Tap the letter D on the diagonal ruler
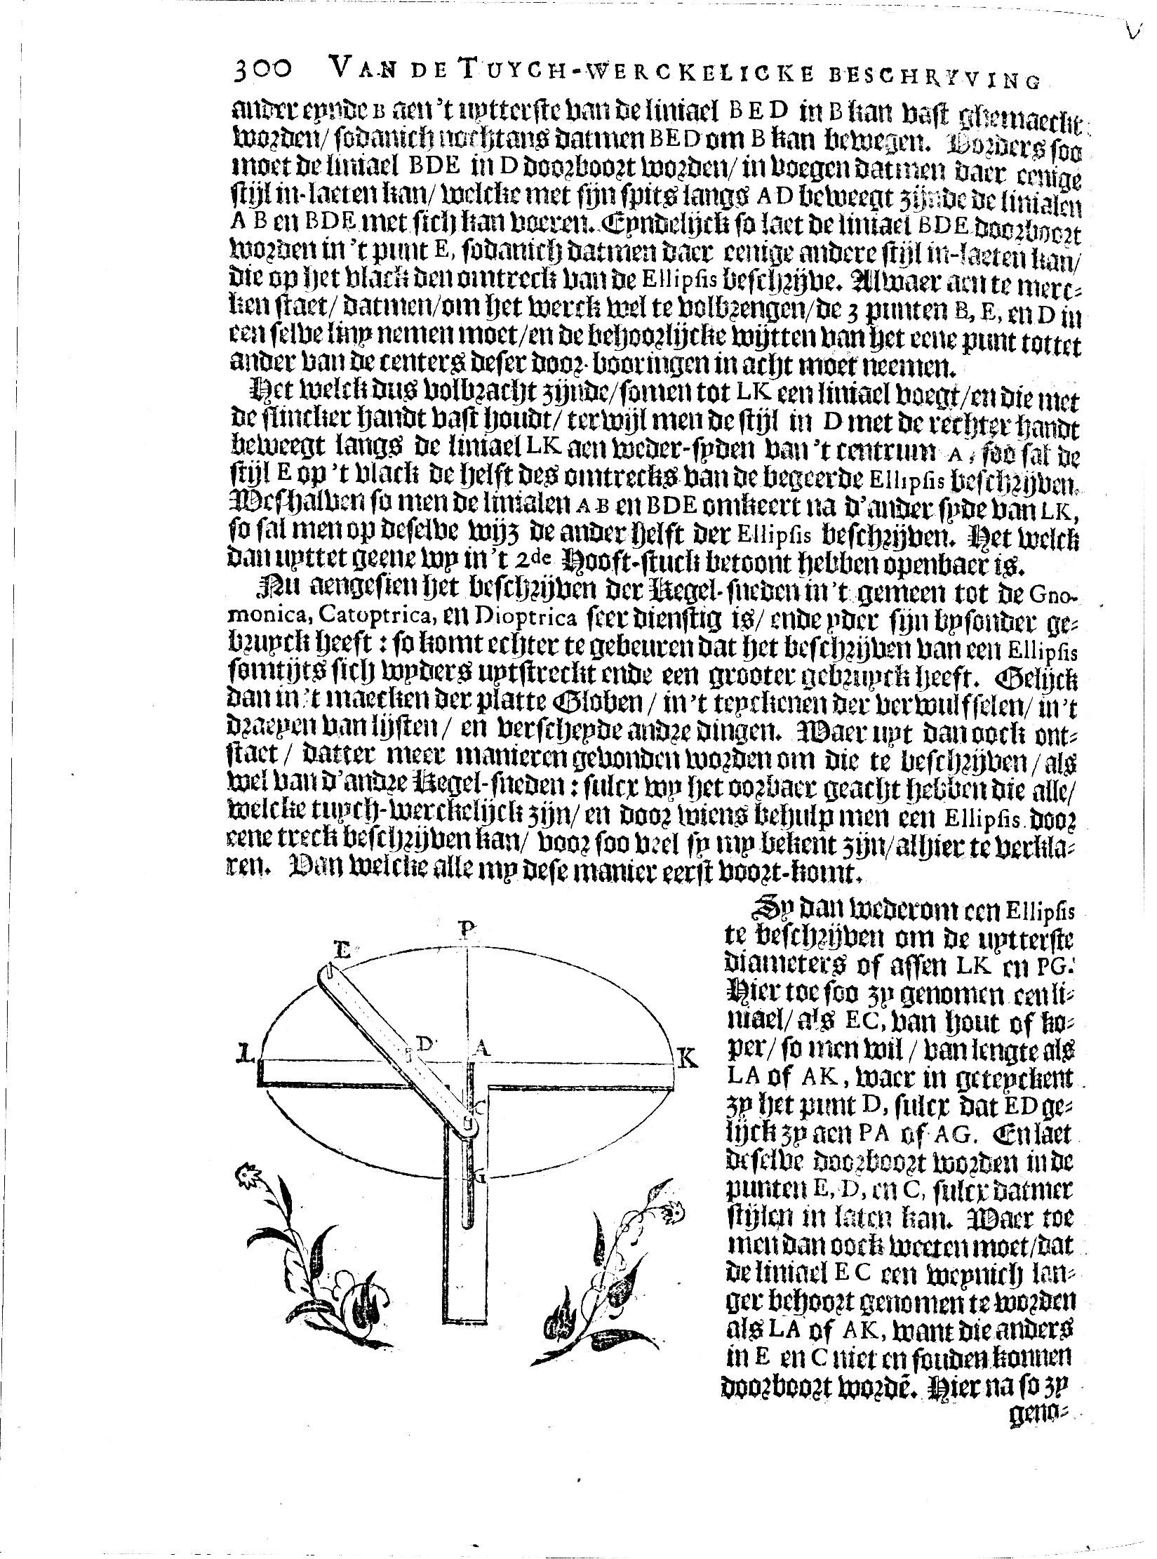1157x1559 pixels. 424,1043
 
